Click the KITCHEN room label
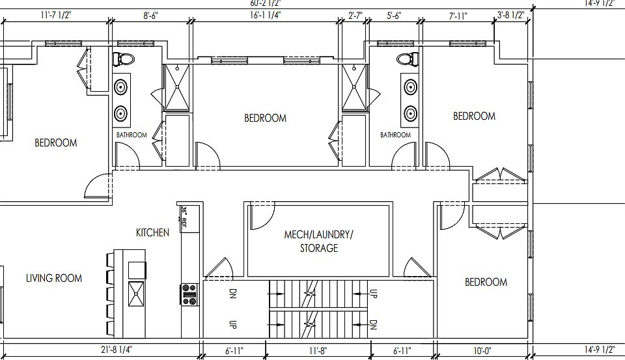click(x=152, y=232)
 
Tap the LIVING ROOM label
click(x=54, y=278)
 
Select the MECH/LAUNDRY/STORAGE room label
click(x=318, y=241)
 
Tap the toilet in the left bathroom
click(x=123, y=59)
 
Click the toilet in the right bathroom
click(x=406, y=59)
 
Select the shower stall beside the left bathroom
click(x=176, y=88)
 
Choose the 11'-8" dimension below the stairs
click(x=317, y=351)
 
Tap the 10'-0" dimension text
click(x=482, y=351)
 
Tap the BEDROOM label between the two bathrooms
click(x=265, y=118)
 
